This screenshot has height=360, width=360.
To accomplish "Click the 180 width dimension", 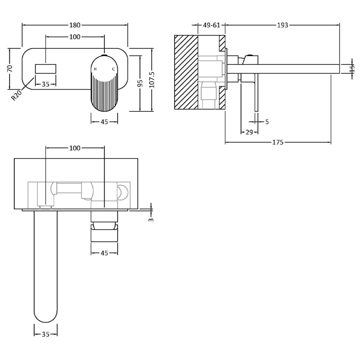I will (75, 25).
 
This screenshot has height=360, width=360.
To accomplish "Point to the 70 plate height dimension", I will (10, 69).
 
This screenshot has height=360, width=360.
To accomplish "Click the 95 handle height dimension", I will (140, 83).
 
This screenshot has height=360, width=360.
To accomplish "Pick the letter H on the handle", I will (95, 69).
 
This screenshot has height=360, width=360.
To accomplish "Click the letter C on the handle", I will (113, 69).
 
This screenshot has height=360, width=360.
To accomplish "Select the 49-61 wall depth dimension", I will (211, 25).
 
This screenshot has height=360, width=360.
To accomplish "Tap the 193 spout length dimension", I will (282, 25).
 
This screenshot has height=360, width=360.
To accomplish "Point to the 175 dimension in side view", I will (278, 143).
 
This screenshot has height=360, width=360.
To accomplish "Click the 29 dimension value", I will (249, 132).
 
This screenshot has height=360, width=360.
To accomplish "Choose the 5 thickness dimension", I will (267, 122).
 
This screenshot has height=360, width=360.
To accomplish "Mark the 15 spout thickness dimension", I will (352, 69).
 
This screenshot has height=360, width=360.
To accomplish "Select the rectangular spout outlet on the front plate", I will (45, 69).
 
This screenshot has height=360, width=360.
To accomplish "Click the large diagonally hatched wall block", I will (186, 72).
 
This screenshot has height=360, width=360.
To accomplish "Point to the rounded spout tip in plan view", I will (45, 314).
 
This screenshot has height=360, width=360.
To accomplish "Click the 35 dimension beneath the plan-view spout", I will (45, 334).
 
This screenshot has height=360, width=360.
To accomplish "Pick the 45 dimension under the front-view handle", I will (104, 122).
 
